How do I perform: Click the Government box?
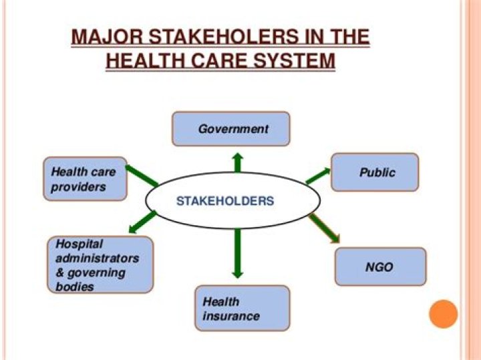[x=231, y=129]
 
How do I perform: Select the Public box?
[x=375, y=172]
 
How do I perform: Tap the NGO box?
[x=379, y=267]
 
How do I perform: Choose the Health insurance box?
[x=242, y=308]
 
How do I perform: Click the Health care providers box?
[x=85, y=178]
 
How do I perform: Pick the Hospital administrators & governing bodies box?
[x=100, y=264]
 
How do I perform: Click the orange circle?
[x=443, y=314]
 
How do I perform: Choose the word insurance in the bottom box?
[x=231, y=315]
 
